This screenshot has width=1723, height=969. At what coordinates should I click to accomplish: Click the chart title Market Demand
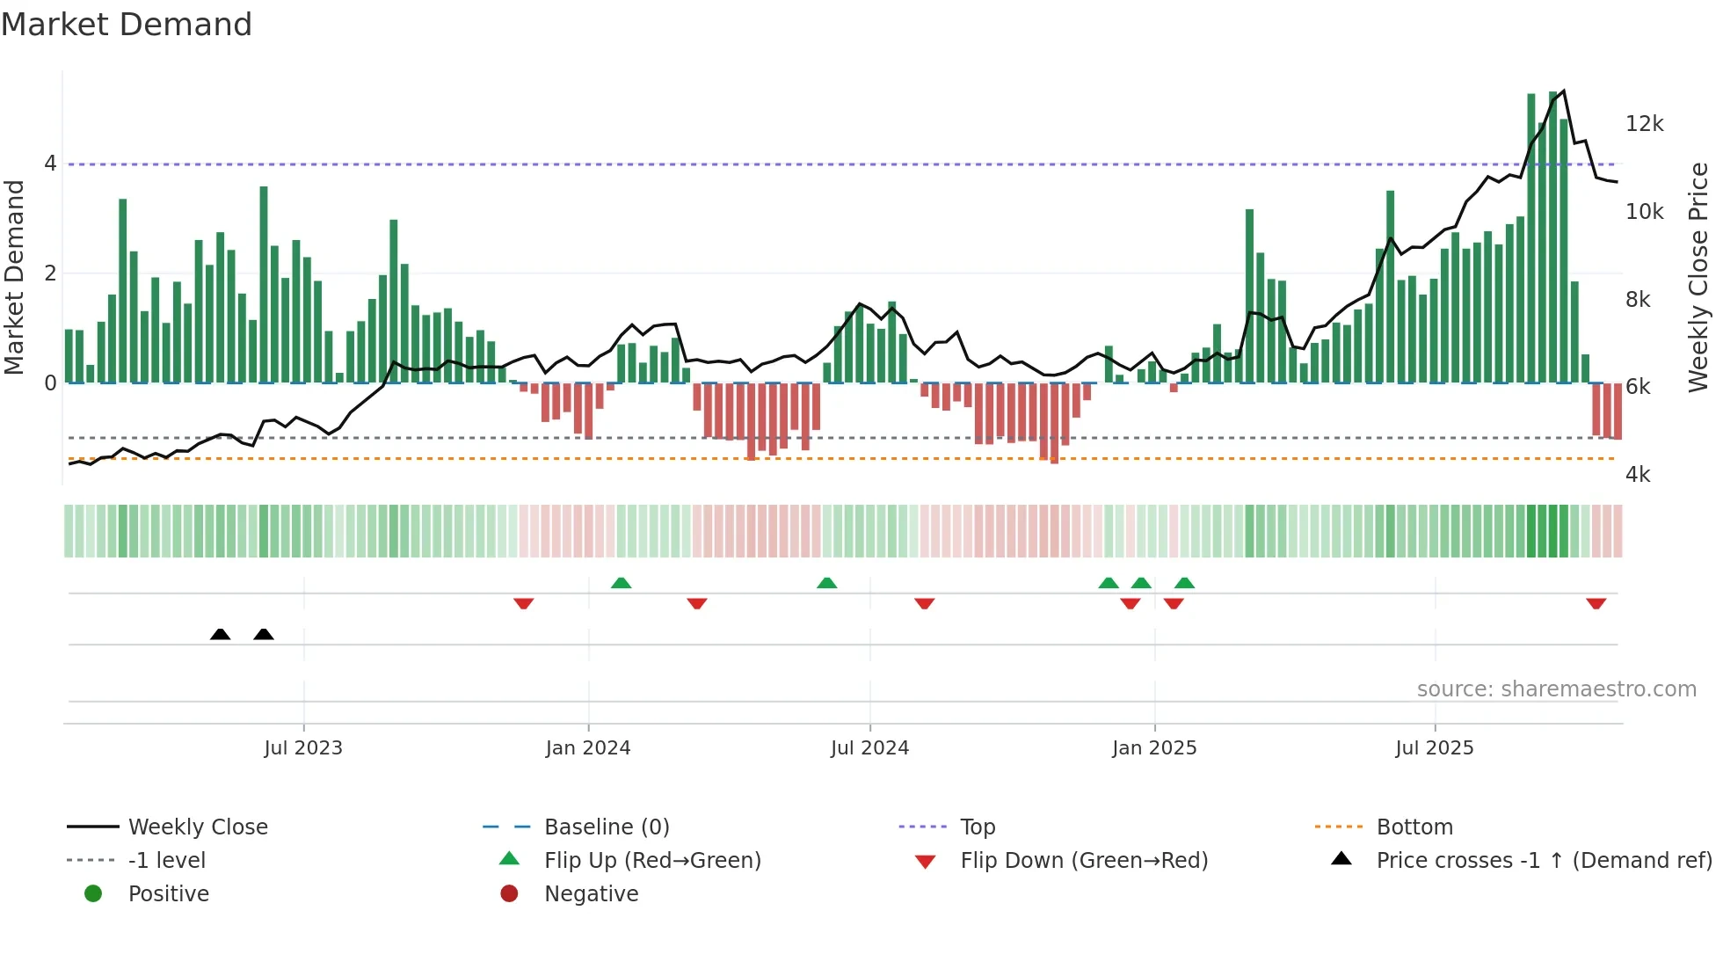pos(127,25)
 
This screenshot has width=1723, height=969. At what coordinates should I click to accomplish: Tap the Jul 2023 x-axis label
pos(303,748)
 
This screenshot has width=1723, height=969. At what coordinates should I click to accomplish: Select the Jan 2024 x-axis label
pos(588,748)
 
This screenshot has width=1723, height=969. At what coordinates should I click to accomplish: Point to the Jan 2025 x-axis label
pos(1154,748)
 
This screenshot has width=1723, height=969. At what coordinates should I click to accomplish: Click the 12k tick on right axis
pos(1644,124)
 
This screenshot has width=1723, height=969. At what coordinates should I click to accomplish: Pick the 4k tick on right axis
pos(1638,475)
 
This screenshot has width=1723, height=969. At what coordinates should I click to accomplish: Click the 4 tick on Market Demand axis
pos(50,164)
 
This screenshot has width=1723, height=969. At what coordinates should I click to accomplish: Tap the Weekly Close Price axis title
pos(1698,277)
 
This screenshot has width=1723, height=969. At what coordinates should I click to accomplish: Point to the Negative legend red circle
pos(509,894)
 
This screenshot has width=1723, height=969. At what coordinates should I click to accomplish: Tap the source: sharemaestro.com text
pos(1556,689)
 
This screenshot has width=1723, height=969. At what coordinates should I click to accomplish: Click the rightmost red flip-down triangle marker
pos(1596,603)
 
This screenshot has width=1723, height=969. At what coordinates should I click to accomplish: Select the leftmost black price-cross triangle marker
pos(221,634)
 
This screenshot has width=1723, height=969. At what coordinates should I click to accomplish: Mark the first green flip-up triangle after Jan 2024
pos(622,583)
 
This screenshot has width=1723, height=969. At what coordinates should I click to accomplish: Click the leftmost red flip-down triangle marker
pos(524,603)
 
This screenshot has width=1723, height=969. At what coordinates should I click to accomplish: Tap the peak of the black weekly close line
pos(1563,91)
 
